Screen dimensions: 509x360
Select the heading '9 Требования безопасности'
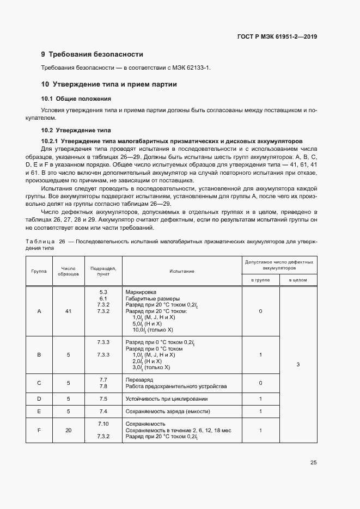click(x=92, y=54)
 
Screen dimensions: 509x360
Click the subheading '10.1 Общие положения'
click(x=76, y=99)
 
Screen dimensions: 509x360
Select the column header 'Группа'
click(x=39, y=271)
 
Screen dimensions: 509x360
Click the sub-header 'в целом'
click(x=298, y=280)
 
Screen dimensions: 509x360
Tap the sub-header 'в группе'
click(x=260, y=280)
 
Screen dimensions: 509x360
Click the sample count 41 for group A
click(x=68, y=311)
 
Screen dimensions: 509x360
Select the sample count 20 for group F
click(x=68, y=430)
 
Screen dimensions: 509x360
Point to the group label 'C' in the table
click(x=39, y=383)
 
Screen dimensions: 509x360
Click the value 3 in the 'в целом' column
click(x=298, y=365)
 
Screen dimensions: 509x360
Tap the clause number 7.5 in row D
click(x=103, y=399)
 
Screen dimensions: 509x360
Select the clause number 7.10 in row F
click(x=103, y=424)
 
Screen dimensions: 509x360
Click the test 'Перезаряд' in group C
click(x=138, y=379)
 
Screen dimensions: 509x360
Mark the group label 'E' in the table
click(x=39, y=411)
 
